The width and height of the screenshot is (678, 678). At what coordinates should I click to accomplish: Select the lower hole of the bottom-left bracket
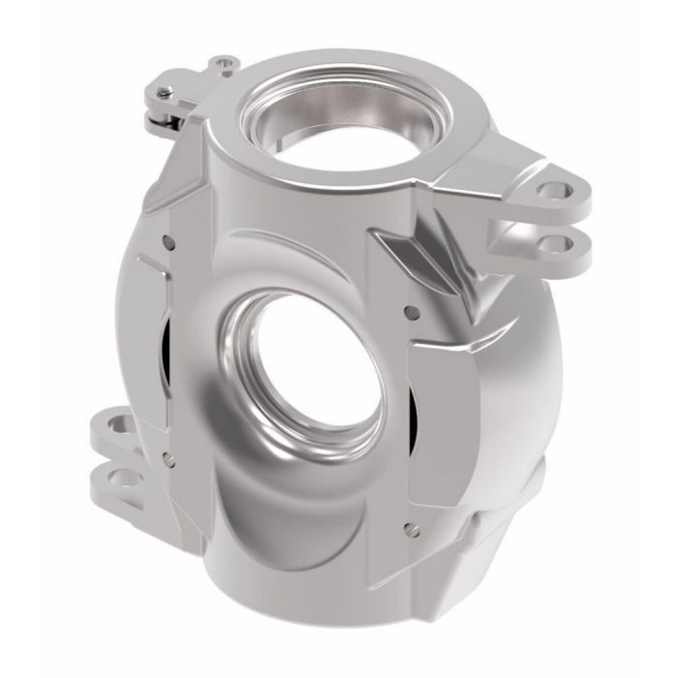(x=122, y=478)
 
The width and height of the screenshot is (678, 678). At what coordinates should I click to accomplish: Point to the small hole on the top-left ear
(x=226, y=64)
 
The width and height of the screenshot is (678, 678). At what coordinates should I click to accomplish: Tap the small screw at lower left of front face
(x=169, y=450)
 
